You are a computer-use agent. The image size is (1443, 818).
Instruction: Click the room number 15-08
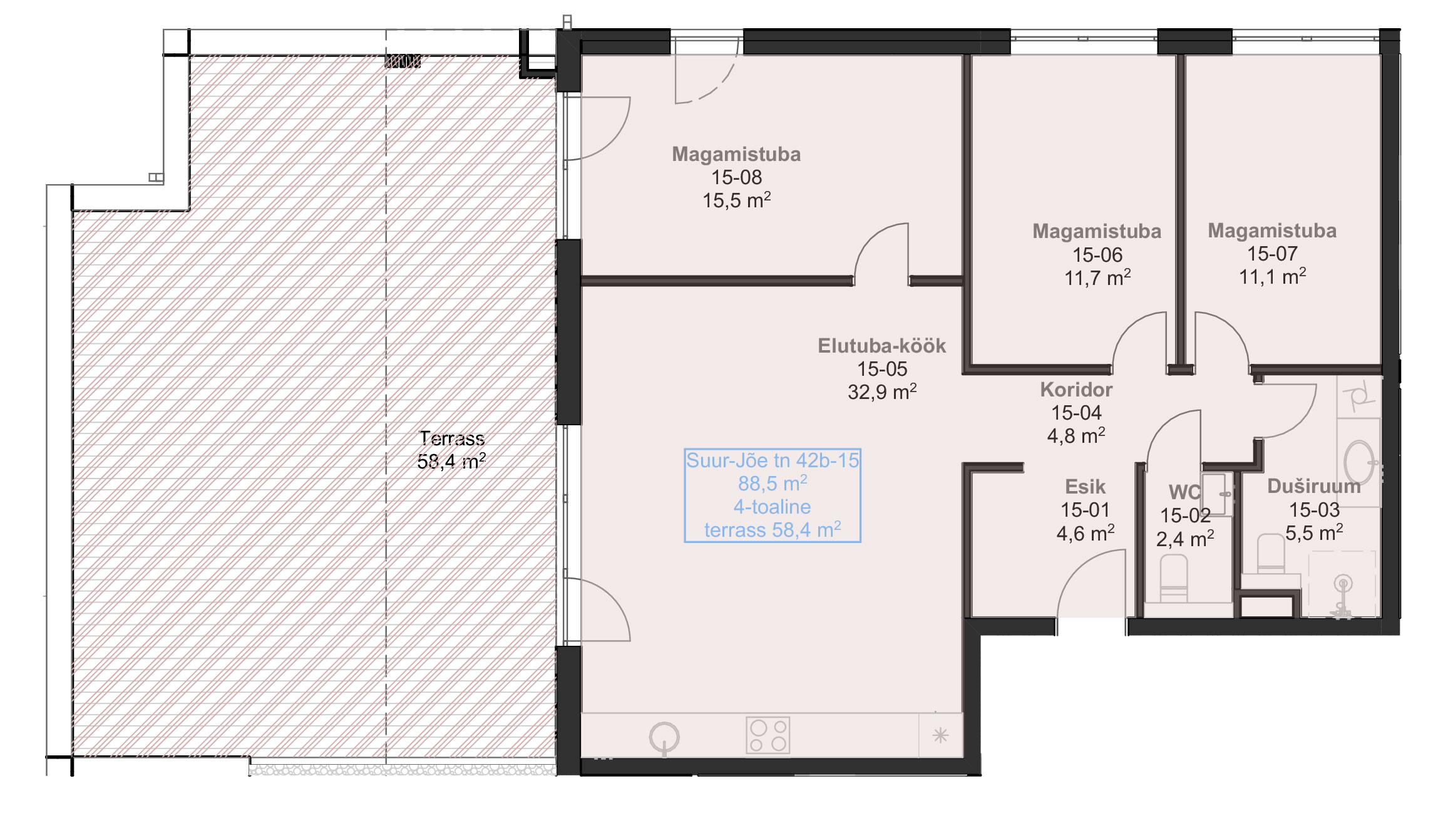(736, 177)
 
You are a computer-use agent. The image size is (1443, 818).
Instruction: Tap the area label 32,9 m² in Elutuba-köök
(882, 392)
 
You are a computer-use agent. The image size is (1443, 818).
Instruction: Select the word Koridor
(1076, 390)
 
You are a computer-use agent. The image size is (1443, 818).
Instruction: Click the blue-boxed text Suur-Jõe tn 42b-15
(773, 460)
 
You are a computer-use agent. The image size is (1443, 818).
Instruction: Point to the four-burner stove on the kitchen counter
(768, 735)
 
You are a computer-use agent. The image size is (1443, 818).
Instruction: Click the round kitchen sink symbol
(664, 737)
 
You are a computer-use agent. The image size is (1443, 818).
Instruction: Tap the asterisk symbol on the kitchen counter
(940, 735)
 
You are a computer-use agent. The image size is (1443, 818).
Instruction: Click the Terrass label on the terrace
(451, 438)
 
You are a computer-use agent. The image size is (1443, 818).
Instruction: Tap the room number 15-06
(1097, 255)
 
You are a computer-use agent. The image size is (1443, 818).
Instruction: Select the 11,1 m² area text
(1272, 276)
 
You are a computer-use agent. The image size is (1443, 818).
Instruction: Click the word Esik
(1085, 487)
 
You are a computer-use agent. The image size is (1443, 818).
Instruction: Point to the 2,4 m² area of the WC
(1184, 539)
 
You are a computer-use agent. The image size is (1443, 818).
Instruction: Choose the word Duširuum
(1314, 486)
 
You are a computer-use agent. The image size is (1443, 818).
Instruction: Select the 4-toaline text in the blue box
(772, 507)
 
